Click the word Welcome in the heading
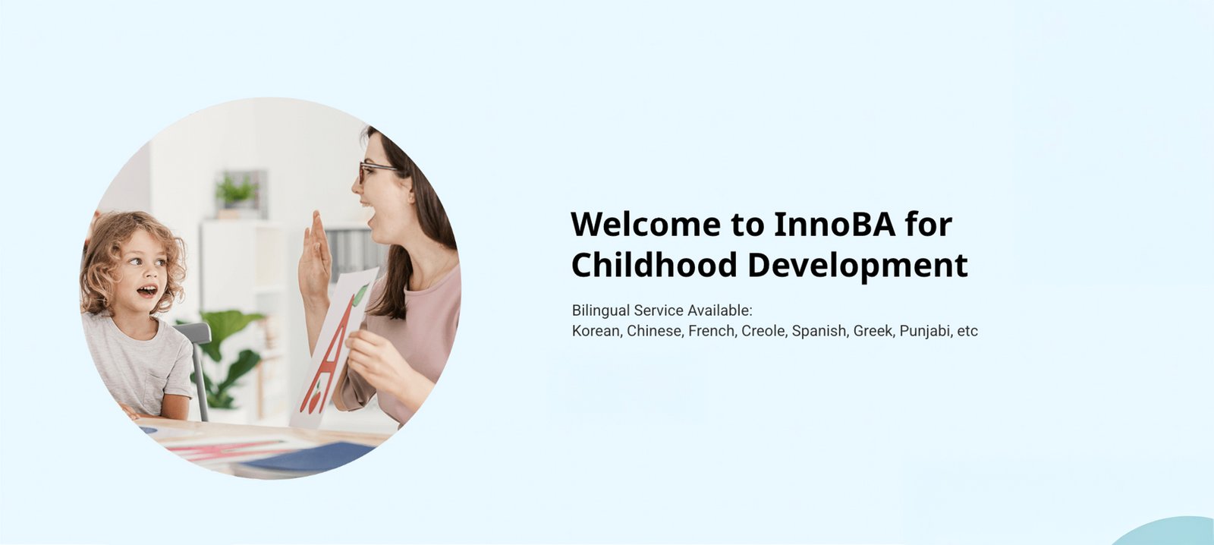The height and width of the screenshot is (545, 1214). [646, 224]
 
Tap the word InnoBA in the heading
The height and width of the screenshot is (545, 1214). [835, 224]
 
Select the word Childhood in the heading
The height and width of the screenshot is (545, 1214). [654, 265]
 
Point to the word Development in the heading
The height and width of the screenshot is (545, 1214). [858, 266]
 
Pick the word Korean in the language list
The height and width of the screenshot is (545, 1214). [596, 331]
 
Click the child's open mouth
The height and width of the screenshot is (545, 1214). [147, 291]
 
